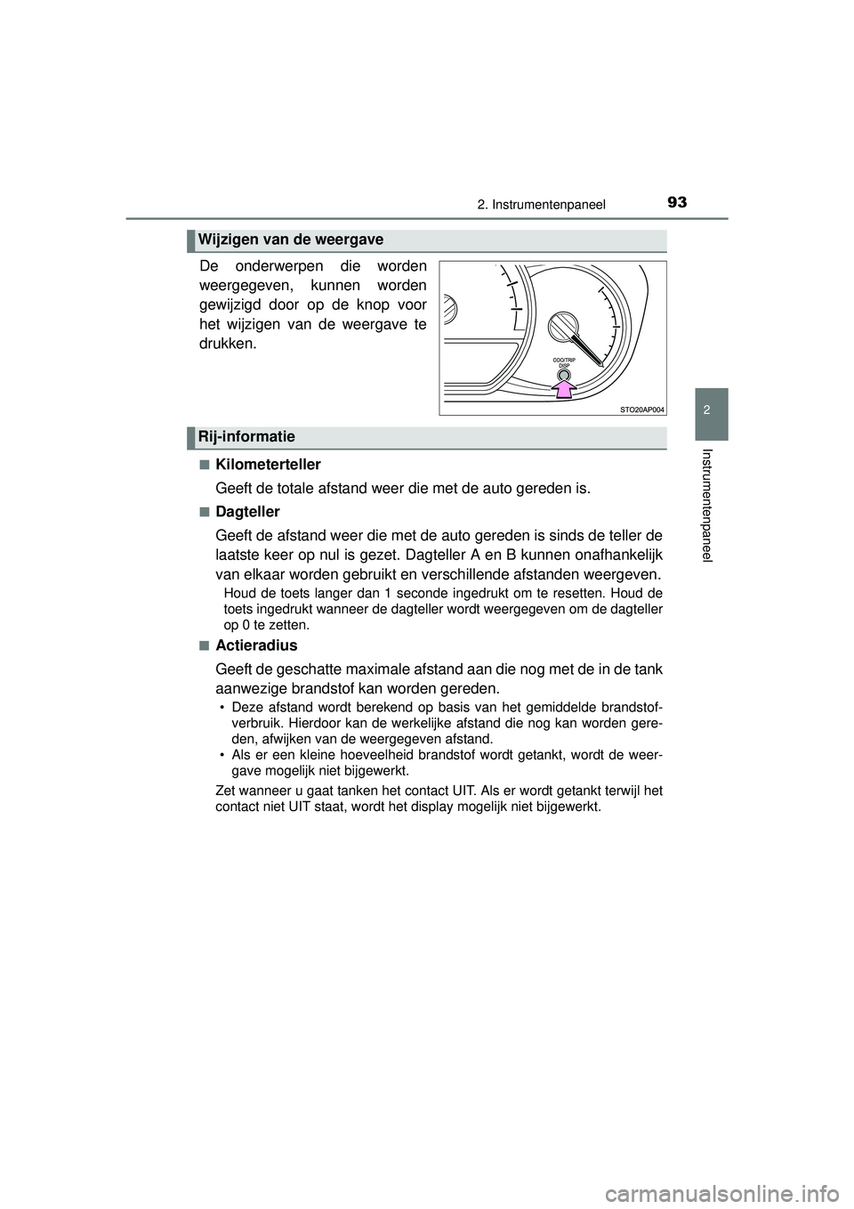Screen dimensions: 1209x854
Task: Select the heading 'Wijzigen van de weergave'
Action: coord(291,239)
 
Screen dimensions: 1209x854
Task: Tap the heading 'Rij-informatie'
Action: coord(247,436)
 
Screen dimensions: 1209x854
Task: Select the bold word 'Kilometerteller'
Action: coord(268,465)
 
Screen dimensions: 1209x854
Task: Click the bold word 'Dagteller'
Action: coord(247,512)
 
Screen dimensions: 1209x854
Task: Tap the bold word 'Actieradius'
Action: coord(256,645)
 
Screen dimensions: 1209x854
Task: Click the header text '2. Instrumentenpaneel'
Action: coord(541,205)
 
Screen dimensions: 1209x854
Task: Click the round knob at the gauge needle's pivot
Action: coord(562,327)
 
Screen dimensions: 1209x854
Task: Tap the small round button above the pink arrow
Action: coord(563,374)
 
